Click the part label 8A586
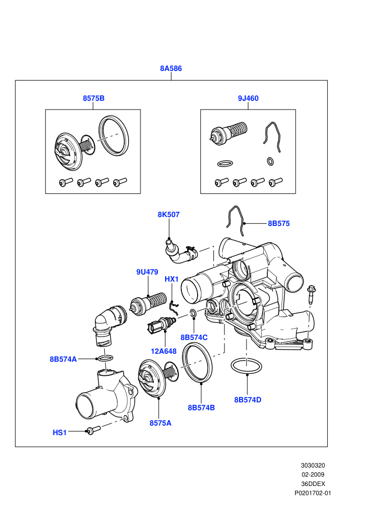171,69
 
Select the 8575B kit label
94,99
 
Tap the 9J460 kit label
248,99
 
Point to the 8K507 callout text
168,214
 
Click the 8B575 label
278,223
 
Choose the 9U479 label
147,272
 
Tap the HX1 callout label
171,279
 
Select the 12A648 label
164,351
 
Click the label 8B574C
194,337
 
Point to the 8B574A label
63,359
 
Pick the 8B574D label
248,400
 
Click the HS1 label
60,433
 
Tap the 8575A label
160,423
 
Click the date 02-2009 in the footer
312,474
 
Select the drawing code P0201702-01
312,493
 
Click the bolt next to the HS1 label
93,430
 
